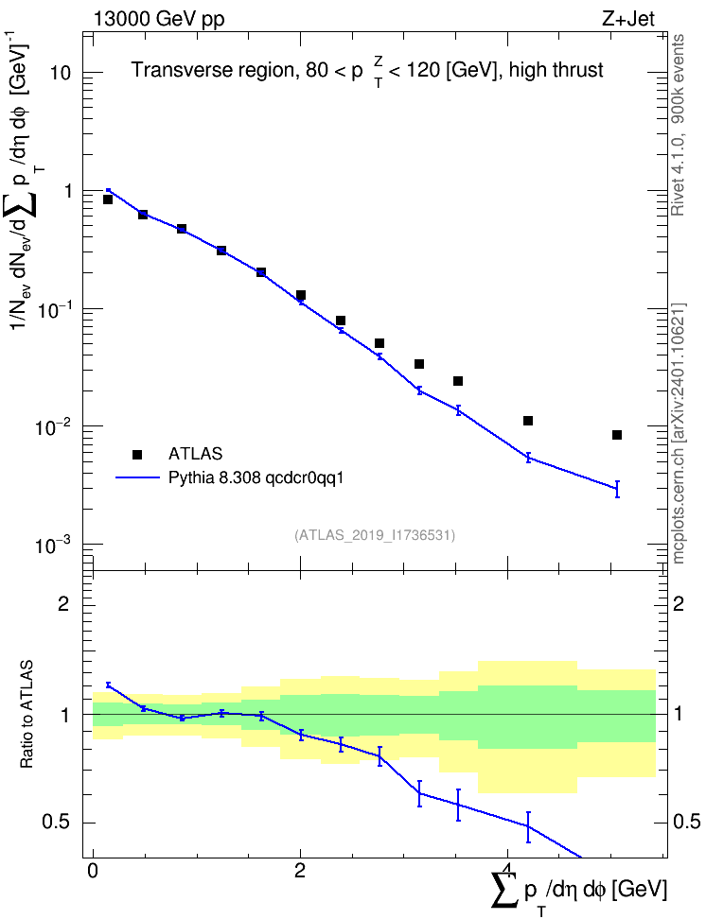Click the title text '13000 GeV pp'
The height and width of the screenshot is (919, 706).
pos(159,20)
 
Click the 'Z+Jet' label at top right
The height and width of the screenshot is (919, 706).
pos(627,19)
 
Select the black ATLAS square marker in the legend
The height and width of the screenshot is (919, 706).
pos(137,454)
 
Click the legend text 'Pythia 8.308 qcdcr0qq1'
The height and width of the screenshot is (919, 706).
pos(256,477)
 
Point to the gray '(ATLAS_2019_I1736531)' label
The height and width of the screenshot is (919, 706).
pos(375,534)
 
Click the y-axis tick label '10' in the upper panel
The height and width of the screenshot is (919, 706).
pos(60,73)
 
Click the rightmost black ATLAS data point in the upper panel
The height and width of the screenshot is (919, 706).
pos(617,435)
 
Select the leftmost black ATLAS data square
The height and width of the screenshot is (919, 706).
pos(107,199)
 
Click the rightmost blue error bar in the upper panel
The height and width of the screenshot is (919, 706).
pos(617,489)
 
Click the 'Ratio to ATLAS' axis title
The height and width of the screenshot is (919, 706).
pos(26,715)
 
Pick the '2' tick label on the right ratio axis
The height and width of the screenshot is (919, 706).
pos(679,604)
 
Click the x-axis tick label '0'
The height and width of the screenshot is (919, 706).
pos(93,871)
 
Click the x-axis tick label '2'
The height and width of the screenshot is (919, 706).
pos(300,871)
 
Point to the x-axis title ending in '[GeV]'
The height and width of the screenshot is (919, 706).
pos(579,891)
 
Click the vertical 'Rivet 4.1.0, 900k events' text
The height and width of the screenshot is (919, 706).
pos(678,125)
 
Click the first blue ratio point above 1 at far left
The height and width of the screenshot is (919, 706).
pos(108,685)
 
